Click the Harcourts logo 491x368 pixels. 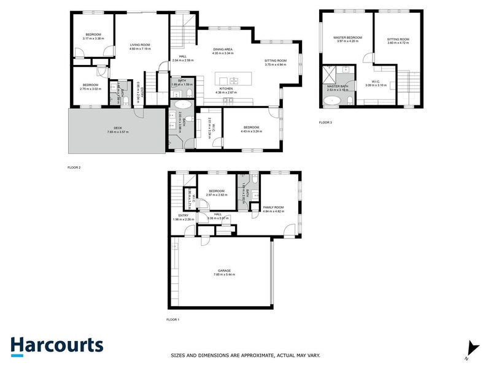pos(56,345)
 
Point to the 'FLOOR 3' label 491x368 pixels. pos(325,123)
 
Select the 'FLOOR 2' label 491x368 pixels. pos(74,167)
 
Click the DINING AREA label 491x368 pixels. pos(222,49)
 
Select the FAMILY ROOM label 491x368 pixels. pos(274,208)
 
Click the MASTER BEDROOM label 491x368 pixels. pos(348,37)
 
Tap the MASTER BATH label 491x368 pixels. pos(338,86)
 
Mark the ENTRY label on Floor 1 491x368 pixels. pos(184,215)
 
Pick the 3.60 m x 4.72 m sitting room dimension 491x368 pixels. pos(398,43)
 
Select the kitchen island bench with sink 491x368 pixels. pos(233,80)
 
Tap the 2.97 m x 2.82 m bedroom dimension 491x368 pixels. pos(217,195)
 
